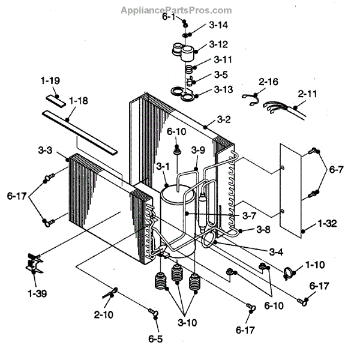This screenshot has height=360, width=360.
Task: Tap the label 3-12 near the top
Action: tap(218, 45)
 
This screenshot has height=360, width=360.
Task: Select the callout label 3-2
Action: tap(223, 119)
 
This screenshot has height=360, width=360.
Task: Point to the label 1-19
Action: tap(50, 80)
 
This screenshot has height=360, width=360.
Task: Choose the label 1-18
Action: tap(78, 101)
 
